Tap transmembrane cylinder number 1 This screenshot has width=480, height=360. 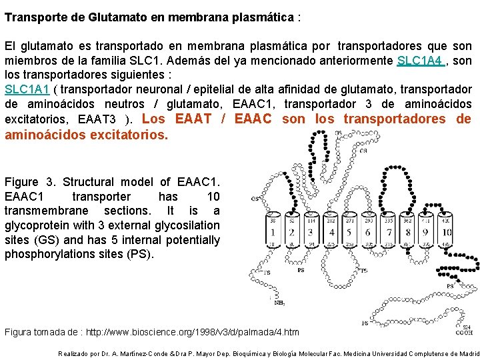coord(273,232)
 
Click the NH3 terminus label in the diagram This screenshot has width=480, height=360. coord(280,302)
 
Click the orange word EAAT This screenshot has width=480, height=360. coord(194,119)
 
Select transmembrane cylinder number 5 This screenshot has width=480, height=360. coord(350,232)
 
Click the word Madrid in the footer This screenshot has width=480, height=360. coord(469,354)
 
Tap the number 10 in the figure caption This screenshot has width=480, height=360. coord(213,197)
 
